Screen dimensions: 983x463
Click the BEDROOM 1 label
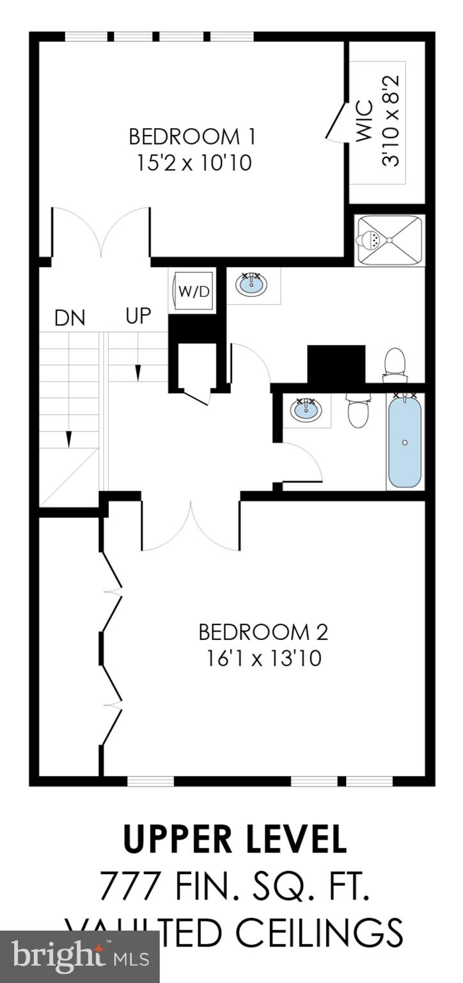tap(192, 137)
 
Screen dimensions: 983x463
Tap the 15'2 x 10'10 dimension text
tap(194, 163)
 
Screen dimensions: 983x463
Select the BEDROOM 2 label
tap(263, 632)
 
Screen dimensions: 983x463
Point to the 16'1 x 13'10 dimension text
tap(263, 659)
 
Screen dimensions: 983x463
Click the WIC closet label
tap(364, 122)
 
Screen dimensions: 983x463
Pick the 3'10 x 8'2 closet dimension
tap(391, 122)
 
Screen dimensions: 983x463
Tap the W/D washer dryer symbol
tap(193, 292)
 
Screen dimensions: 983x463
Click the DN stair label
tap(70, 318)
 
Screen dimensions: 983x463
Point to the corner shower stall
tap(389, 240)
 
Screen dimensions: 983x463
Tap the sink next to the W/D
tap(251, 285)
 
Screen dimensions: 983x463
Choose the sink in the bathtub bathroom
tap(306, 410)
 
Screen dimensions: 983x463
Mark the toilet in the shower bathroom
tap(395, 365)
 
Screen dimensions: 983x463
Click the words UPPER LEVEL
tap(235, 840)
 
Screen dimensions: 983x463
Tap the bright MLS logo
tap(79, 957)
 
